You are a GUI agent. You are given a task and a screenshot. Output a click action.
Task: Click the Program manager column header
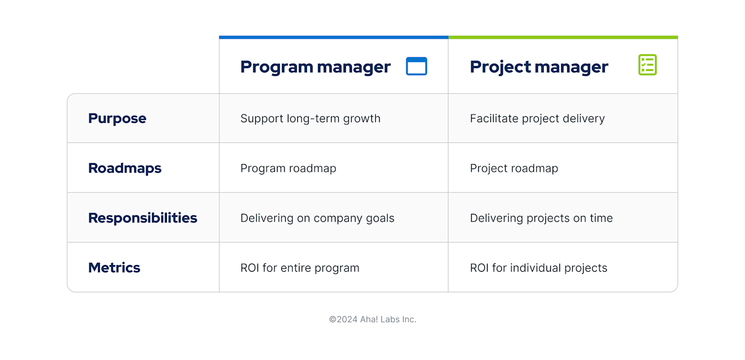pyautogui.click(x=315, y=67)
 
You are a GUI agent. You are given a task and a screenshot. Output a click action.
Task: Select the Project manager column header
pyautogui.click(x=539, y=67)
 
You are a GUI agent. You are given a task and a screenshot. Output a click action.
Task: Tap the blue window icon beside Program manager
pyautogui.click(x=417, y=66)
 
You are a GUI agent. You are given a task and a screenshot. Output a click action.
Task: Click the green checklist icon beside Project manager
pyautogui.click(x=647, y=65)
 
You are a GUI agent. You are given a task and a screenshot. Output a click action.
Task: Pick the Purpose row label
pyautogui.click(x=117, y=118)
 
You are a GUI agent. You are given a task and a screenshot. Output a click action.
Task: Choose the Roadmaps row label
pyautogui.click(x=125, y=168)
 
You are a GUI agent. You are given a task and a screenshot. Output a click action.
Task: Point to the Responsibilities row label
pyautogui.click(x=143, y=218)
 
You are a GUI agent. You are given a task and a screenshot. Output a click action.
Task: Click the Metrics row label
pyautogui.click(x=115, y=267)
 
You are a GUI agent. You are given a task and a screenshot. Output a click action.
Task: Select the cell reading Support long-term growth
pyautogui.click(x=310, y=118)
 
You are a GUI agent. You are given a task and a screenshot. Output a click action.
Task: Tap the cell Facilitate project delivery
pyautogui.click(x=537, y=118)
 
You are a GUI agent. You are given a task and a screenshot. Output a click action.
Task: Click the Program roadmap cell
pyautogui.click(x=288, y=168)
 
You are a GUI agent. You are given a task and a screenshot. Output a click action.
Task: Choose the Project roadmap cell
pyautogui.click(x=514, y=168)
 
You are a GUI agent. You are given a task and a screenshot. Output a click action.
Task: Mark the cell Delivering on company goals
pyautogui.click(x=317, y=218)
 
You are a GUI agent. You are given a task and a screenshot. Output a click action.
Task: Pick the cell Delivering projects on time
pyautogui.click(x=541, y=218)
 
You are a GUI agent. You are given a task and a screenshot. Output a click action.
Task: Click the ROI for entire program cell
pyautogui.click(x=299, y=268)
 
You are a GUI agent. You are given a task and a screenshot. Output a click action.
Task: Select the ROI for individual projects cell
pyautogui.click(x=538, y=268)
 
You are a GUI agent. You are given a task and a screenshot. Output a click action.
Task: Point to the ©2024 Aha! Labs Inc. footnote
pyautogui.click(x=372, y=319)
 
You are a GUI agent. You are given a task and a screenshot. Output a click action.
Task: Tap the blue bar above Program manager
pyautogui.click(x=334, y=37)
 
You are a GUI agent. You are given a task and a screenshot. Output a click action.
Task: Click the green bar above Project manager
pyautogui.click(x=563, y=37)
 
